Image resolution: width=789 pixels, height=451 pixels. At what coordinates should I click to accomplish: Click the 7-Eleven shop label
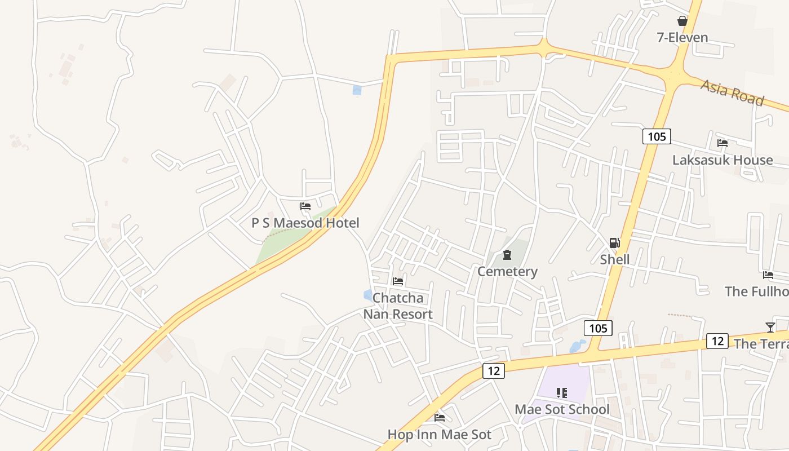pos(682,38)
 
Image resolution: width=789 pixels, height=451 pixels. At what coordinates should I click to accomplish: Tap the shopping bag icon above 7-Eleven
pos(682,21)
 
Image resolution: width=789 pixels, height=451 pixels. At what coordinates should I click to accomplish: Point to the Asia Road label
pos(732,92)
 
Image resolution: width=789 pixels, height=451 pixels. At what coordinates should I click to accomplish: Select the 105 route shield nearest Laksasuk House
pos(657,136)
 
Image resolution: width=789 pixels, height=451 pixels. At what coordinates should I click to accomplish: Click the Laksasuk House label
pos(722,160)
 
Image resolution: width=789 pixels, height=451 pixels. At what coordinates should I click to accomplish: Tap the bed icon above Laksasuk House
pos(722,143)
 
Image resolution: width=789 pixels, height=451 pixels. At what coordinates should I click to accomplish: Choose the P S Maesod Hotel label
pos(305,223)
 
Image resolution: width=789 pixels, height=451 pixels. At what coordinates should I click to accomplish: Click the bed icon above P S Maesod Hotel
pos(305,206)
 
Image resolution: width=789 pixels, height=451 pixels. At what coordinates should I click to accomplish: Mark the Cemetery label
pos(507,272)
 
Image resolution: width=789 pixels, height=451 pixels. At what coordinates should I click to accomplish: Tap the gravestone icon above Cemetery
pos(507,255)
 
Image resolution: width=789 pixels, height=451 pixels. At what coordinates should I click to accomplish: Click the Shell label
pos(614,260)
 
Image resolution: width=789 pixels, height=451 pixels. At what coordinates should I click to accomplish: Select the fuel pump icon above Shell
pos(614,243)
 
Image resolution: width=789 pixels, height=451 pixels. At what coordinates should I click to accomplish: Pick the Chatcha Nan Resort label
pos(398,306)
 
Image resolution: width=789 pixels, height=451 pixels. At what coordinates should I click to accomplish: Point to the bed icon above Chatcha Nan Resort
pos(398,281)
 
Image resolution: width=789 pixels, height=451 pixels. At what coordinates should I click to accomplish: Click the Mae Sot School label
pos(562,410)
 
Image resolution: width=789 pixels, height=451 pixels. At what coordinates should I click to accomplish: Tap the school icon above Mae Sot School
pos(562,393)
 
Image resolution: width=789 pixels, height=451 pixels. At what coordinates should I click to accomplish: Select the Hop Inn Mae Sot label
pos(440,435)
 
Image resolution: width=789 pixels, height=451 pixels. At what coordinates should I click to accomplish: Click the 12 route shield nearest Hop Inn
pos(493,370)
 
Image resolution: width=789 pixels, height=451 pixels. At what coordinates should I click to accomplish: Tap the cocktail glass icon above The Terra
pos(770,327)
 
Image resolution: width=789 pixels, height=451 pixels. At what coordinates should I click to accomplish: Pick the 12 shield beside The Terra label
pos(717,341)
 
